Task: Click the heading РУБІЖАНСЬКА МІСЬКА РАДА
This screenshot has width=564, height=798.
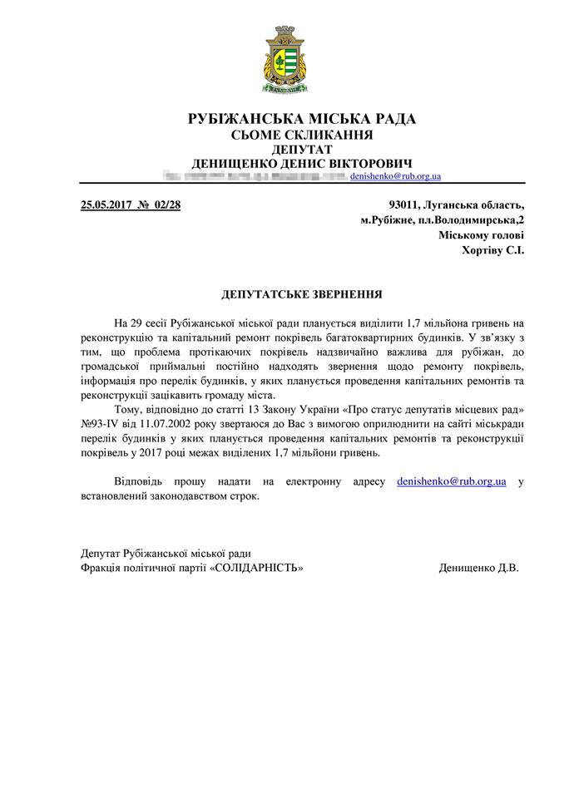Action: pyautogui.click(x=301, y=120)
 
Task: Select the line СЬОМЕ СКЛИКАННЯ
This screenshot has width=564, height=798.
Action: pyautogui.click(x=301, y=135)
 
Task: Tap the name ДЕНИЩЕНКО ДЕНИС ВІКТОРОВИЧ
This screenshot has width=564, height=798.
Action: pyautogui.click(x=301, y=164)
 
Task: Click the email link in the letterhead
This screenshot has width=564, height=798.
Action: pyautogui.click(x=395, y=177)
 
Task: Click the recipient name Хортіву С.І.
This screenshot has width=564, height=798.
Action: pyautogui.click(x=492, y=250)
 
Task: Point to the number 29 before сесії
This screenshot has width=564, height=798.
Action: pyautogui.click(x=137, y=322)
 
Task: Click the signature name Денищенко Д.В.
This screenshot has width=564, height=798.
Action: pyautogui.click(x=478, y=568)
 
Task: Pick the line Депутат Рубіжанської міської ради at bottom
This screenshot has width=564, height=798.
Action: pyautogui.click(x=166, y=553)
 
